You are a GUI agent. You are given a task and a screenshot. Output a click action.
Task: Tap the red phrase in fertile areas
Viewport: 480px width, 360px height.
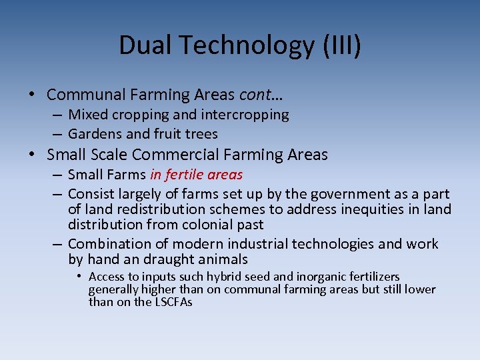coord(196,175)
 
